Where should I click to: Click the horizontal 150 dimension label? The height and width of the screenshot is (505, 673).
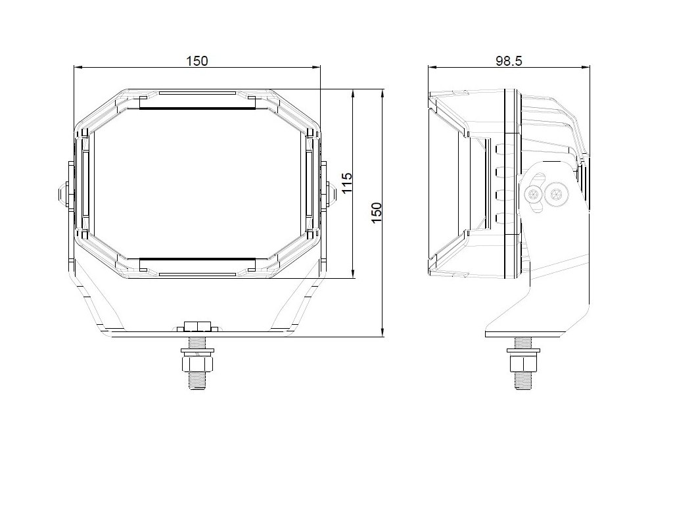[197, 61]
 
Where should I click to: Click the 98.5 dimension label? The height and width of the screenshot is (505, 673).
[509, 61]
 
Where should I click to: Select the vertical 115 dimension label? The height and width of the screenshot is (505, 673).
[347, 183]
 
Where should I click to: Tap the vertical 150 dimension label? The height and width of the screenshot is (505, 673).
[377, 212]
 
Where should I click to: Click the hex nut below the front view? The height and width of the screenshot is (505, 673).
[197, 363]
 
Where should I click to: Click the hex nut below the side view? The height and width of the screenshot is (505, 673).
[523, 363]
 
